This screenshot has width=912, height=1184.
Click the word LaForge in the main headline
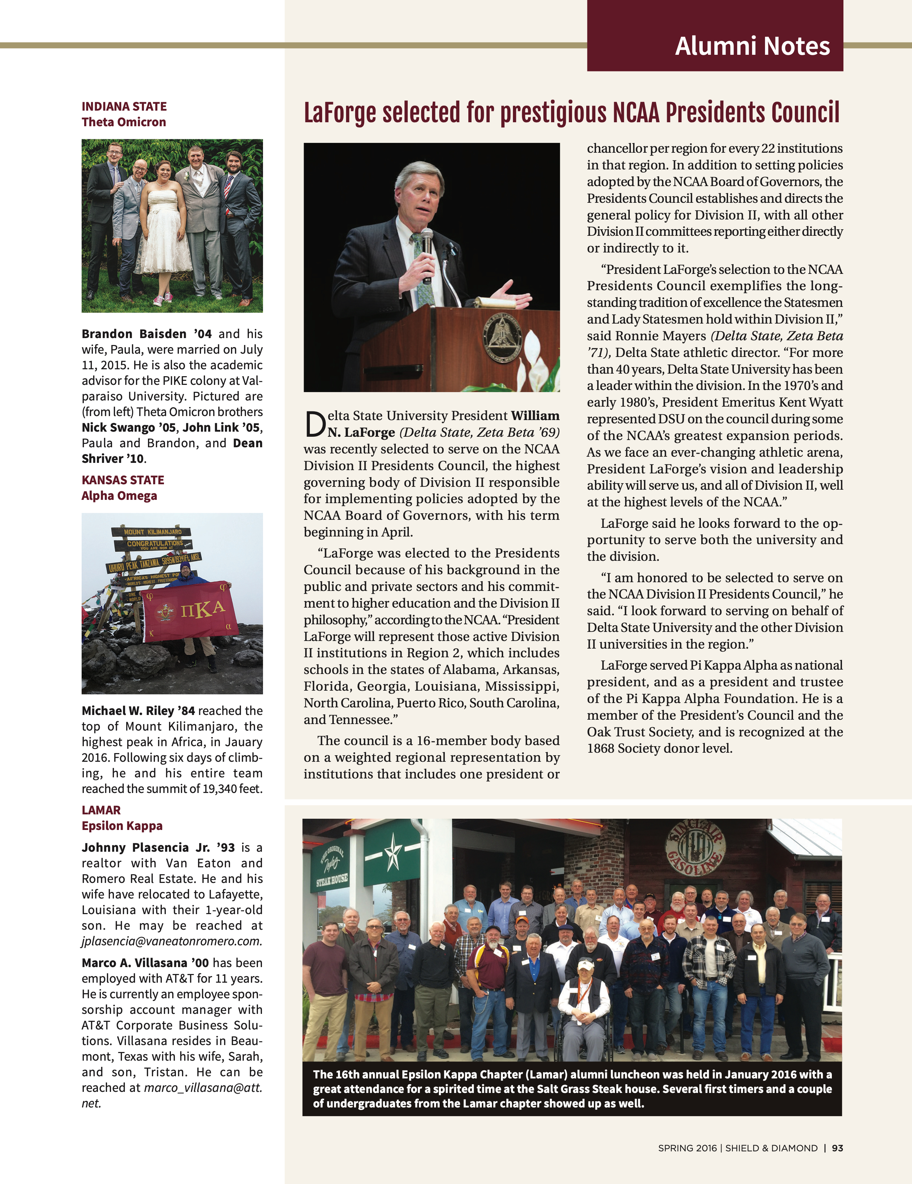pos(340,113)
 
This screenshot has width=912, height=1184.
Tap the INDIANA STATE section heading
pos(124,106)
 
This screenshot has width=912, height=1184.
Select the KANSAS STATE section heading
pos(123,480)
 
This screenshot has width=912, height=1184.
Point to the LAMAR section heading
pos(101,810)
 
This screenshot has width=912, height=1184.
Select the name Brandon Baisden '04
pos(147,334)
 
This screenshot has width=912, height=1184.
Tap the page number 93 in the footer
pos(837,1148)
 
